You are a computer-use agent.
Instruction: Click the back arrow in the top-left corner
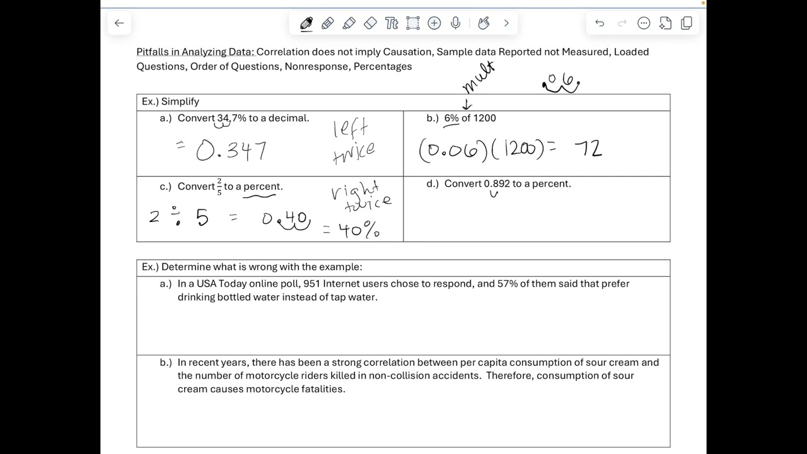pos(119,23)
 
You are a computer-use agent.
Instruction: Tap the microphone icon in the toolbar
pos(456,23)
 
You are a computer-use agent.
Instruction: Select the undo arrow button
pos(600,23)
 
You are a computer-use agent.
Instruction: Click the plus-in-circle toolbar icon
pos(434,23)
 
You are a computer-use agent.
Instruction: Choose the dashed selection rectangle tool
pos(413,23)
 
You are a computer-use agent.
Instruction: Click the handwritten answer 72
pos(588,149)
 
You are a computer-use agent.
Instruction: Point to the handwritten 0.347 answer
pos(231,151)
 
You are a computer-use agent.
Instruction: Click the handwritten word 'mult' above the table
pos(479,77)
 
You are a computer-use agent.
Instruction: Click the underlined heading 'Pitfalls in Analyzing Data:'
pos(195,52)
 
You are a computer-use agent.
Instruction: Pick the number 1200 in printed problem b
pos(484,118)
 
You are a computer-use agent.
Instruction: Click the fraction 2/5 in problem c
pos(219,187)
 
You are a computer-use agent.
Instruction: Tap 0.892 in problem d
pos(497,183)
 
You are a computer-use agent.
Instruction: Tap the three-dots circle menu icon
pos(644,23)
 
